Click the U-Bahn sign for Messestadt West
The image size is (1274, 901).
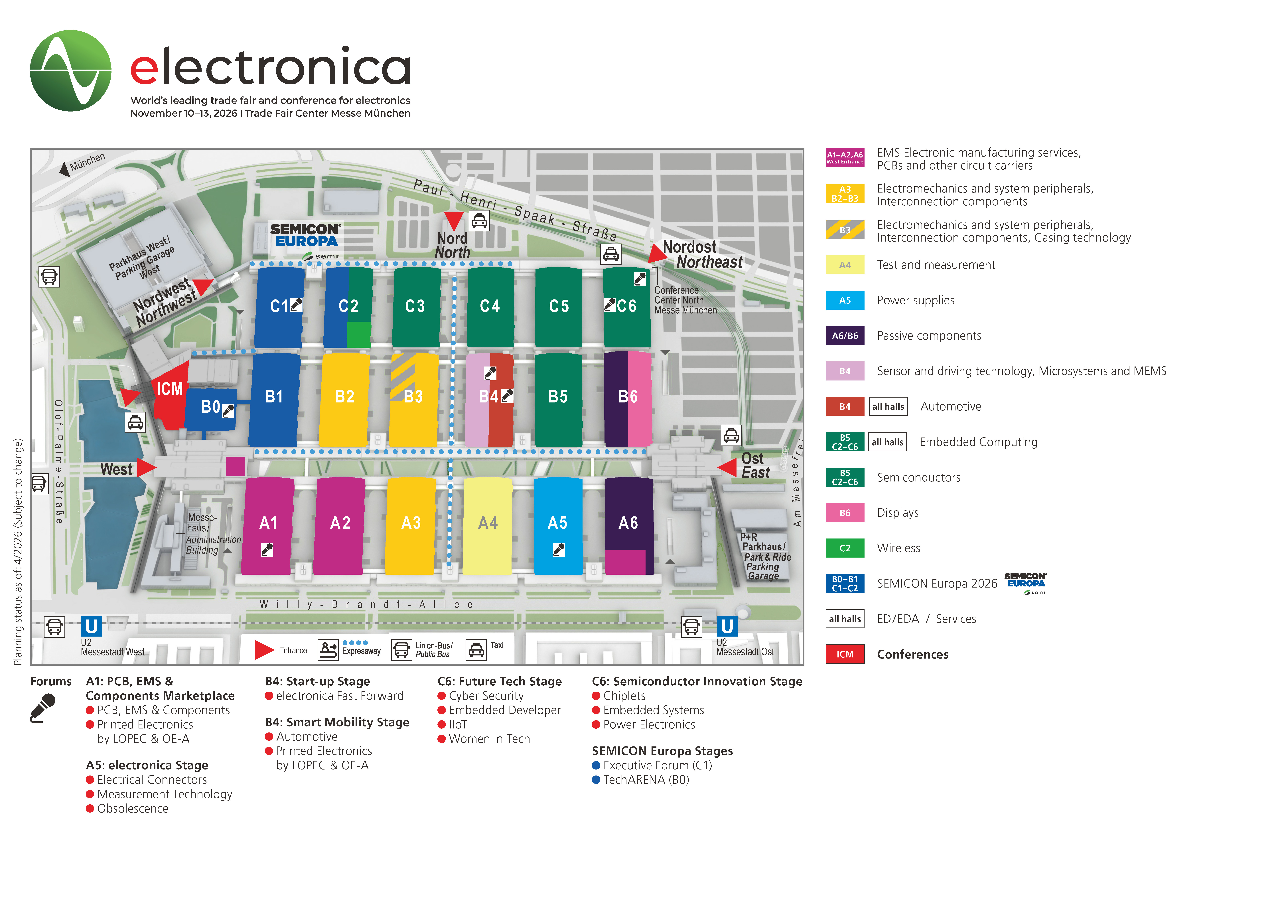pyautogui.click(x=92, y=626)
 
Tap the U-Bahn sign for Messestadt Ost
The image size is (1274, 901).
pyautogui.click(x=727, y=626)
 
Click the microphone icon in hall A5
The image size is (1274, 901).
pyautogui.click(x=559, y=550)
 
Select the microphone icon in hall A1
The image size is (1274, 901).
pyautogui.click(x=267, y=550)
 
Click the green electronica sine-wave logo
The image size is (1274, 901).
pyautogui.click(x=70, y=70)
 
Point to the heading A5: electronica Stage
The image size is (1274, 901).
pyautogui.click(x=147, y=765)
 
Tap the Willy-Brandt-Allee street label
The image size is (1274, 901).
pyautogui.click(x=366, y=605)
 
